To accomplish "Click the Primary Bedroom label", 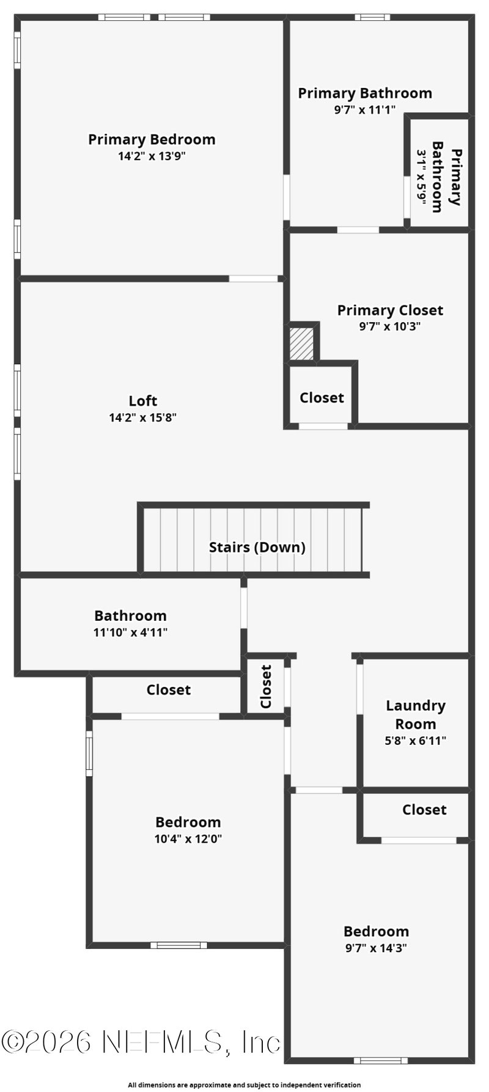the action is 152,139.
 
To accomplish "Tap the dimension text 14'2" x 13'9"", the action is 152,156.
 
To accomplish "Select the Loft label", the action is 143,401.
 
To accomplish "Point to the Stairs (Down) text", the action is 257,547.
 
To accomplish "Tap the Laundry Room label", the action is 416,714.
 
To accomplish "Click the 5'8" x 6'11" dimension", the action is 416,741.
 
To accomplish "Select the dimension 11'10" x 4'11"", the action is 130,632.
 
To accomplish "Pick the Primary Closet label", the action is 390,310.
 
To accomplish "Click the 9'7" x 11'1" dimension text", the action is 365,110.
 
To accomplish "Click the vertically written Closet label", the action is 266,686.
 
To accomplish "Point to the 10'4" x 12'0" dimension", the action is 188,839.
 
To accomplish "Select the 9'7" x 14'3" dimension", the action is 376,948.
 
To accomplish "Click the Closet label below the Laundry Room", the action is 424,810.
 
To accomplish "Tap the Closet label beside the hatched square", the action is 322,398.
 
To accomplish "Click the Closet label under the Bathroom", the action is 169,690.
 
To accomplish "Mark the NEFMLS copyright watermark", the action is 141,1041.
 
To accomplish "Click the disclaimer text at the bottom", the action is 244,1085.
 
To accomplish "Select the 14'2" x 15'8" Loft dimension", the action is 143,418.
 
